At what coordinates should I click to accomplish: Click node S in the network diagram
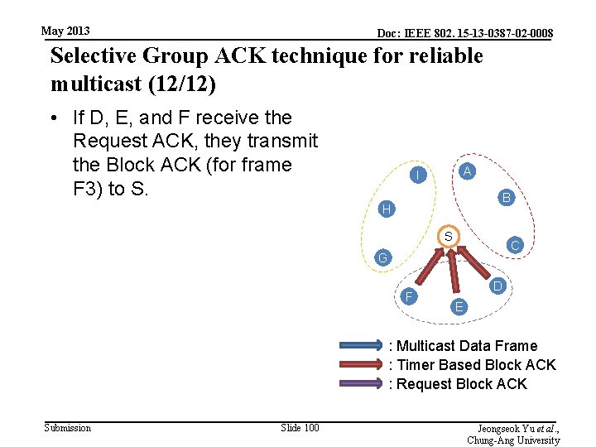(x=446, y=237)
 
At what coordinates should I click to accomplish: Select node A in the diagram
(x=467, y=171)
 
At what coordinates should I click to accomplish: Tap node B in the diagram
(x=506, y=198)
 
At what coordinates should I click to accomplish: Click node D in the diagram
(x=497, y=286)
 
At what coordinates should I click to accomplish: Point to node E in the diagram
(x=459, y=307)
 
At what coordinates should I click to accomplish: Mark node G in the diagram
(x=381, y=258)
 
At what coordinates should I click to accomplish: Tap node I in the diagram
(x=420, y=175)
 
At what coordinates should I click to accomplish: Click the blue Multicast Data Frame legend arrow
(x=359, y=346)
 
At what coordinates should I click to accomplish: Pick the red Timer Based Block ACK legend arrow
(x=359, y=365)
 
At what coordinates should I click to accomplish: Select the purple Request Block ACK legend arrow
(x=359, y=384)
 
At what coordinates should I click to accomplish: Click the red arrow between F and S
(x=427, y=267)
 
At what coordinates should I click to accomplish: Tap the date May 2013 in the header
(x=65, y=31)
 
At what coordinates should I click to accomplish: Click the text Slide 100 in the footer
(x=300, y=427)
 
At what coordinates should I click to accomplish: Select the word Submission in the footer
(x=67, y=427)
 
